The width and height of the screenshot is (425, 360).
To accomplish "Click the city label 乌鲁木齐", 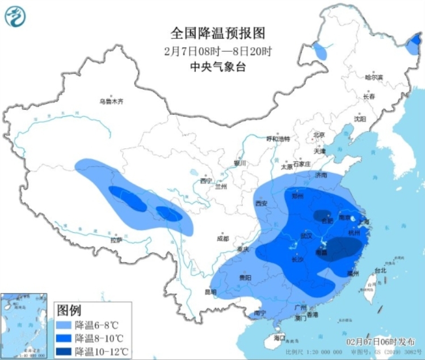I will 111,102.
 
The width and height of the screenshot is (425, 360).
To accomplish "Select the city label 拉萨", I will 116,240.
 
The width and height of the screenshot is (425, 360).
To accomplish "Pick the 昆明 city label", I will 210,292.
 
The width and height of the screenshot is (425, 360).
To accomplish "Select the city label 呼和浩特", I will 279,139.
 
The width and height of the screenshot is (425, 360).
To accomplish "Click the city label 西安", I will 261,203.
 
